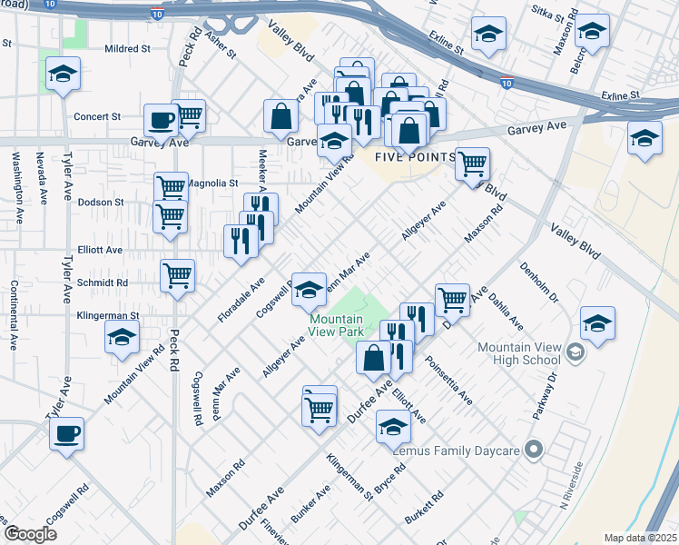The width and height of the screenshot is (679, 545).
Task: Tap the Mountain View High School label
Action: pos(518,354)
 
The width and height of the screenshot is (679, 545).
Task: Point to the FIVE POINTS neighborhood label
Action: pos(414,157)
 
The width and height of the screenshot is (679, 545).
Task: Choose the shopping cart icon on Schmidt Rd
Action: pos(178,275)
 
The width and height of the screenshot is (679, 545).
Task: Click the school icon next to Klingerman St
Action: pos(122,339)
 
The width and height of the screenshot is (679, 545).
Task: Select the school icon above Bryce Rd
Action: pos(393,425)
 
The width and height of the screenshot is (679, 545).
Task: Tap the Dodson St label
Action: pos(100,202)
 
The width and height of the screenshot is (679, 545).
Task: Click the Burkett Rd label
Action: pos(425,509)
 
